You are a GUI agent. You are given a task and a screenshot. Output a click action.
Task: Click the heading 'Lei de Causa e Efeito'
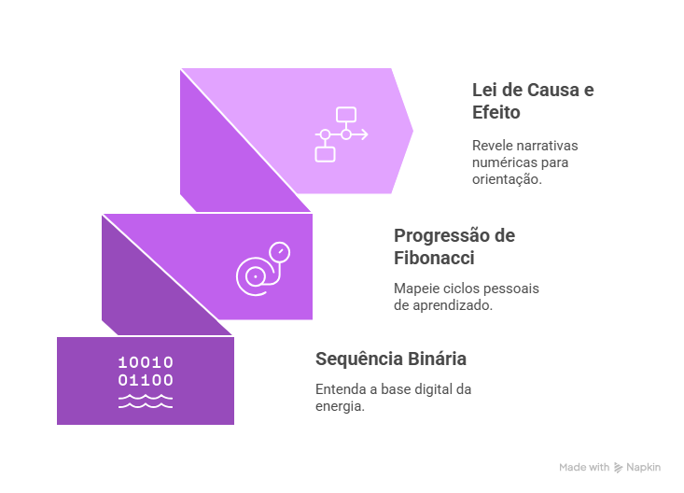533,101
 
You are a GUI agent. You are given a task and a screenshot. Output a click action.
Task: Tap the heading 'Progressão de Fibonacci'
454,246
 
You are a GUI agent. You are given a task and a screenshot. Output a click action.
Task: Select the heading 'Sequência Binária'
391,359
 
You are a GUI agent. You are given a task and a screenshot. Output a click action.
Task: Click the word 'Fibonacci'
434,258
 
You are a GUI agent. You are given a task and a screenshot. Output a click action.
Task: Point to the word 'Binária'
437,359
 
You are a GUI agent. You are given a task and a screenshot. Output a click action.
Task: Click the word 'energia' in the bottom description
339,406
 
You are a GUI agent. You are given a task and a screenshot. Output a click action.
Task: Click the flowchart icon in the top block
340,134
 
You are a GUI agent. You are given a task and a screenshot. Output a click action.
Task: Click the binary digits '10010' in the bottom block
146,362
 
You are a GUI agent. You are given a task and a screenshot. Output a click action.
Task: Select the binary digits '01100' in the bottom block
146,380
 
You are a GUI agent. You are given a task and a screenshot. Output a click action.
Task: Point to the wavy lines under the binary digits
146,401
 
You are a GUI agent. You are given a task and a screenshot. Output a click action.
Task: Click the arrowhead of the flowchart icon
364,134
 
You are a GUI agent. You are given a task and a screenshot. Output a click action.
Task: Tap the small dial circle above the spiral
278,252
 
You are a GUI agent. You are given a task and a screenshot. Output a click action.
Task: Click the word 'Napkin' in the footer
643,467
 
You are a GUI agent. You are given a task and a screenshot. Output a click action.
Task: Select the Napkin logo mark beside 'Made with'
618,467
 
